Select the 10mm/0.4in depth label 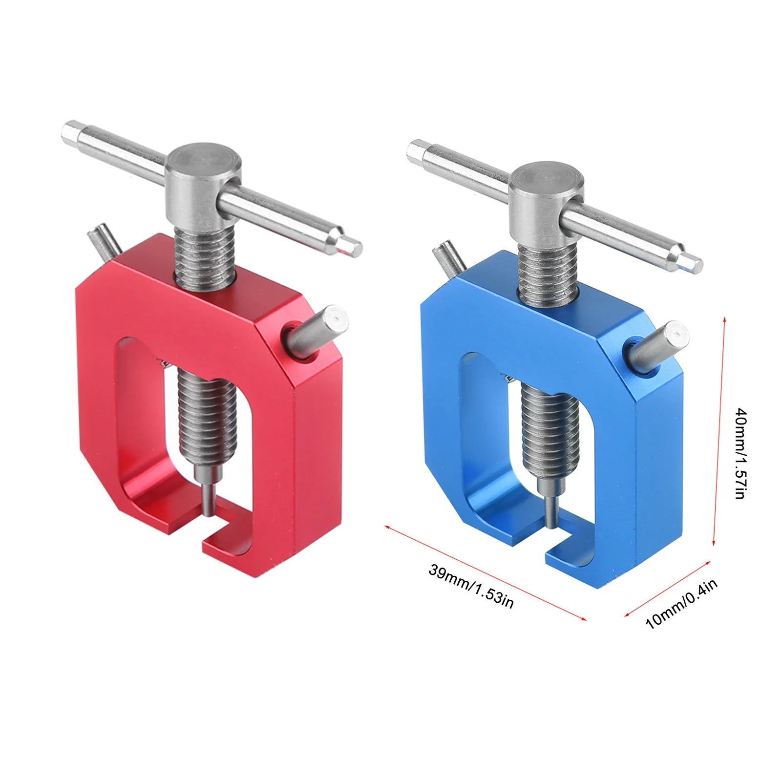pos(681,604)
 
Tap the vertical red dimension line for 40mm pos(719,430)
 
